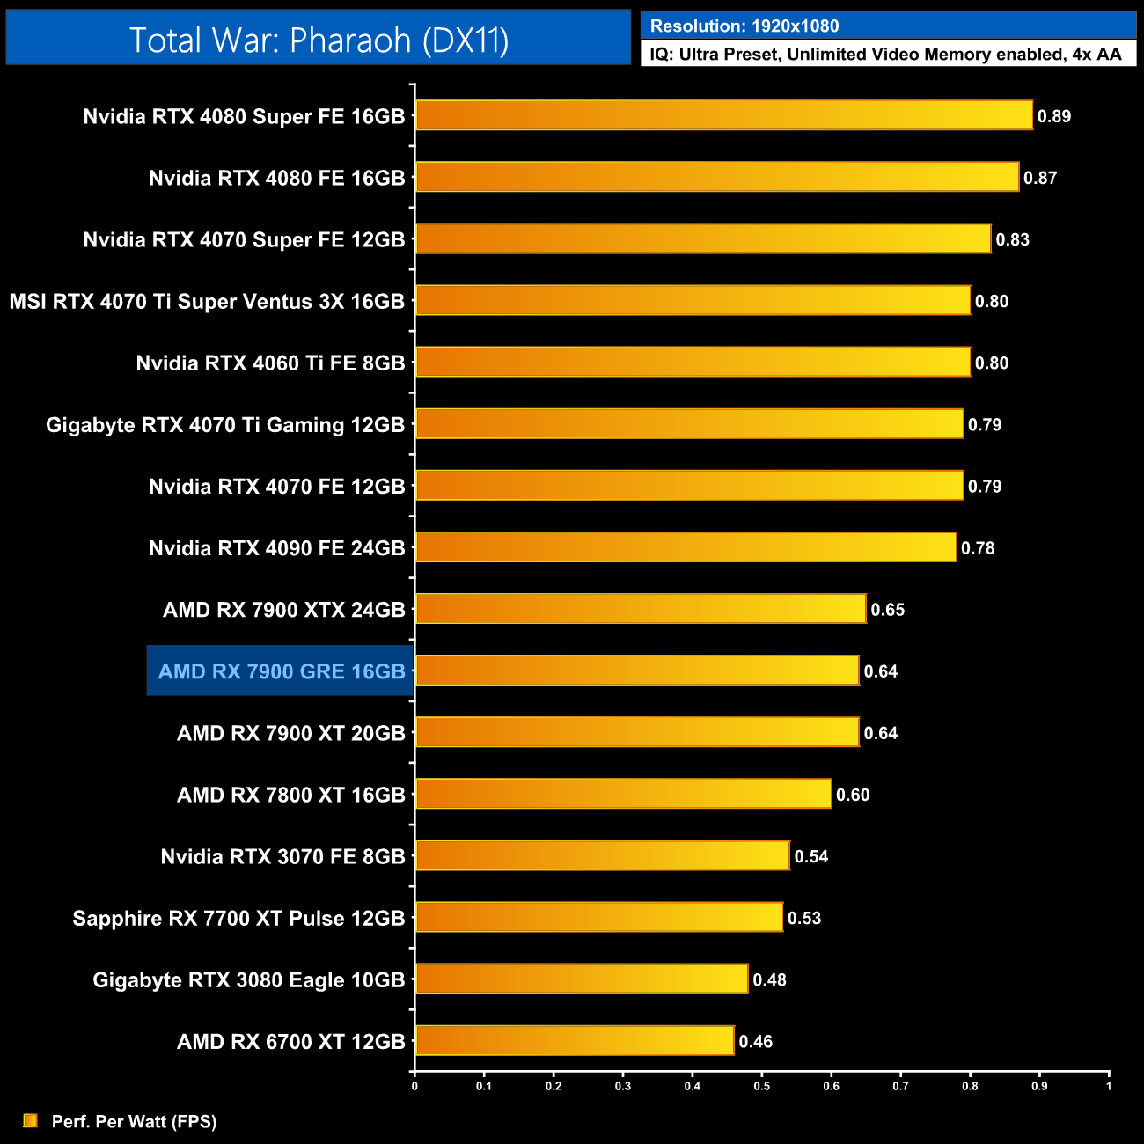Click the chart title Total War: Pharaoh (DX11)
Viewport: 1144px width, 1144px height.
pyautogui.click(x=319, y=40)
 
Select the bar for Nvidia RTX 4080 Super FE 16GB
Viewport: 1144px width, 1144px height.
pyautogui.click(x=723, y=115)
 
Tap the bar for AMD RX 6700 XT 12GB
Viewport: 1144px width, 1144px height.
pyautogui.click(x=574, y=1040)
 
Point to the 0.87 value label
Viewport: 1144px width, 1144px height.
pyautogui.click(x=1040, y=178)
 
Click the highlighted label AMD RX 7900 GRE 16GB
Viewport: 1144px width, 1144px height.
pyautogui.click(x=281, y=671)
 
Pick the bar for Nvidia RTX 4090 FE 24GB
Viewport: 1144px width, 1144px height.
pyautogui.click(x=686, y=546)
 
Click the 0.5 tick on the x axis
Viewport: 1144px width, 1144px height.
pyautogui.click(x=761, y=1086)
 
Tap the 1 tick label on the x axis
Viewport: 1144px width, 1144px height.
pyautogui.click(x=1109, y=1086)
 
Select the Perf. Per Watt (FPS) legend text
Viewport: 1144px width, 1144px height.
pyautogui.click(x=134, y=1121)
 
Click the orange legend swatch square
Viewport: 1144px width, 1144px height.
pyautogui.click(x=31, y=1120)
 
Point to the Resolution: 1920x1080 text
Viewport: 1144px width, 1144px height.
pyautogui.click(x=744, y=26)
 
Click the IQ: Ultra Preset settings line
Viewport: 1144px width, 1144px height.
pyautogui.click(x=885, y=55)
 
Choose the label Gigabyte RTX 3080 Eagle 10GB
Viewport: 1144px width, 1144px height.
pyautogui.click(x=249, y=979)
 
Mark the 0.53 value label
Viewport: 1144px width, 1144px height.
pyautogui.click(x=804, y=918)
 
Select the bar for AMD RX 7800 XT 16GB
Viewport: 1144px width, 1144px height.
pyautogui.click(x=623, y=794)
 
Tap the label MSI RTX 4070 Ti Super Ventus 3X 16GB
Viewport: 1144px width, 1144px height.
pyautogui.click(x=207, y=301)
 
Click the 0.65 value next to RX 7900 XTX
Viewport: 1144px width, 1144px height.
pyautogui.click(x=888, y=610)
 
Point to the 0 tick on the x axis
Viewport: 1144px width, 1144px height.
pyautogui.click(x=414, y=1086)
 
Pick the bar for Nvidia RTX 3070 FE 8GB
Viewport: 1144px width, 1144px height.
pyautogui.click(x=602, y=855)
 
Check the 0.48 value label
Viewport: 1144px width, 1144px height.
pyautogui.click(x=770, y=979)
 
